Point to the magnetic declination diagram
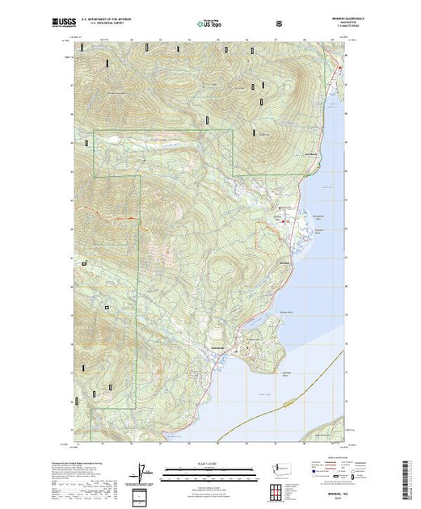[x=143, y=474]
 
